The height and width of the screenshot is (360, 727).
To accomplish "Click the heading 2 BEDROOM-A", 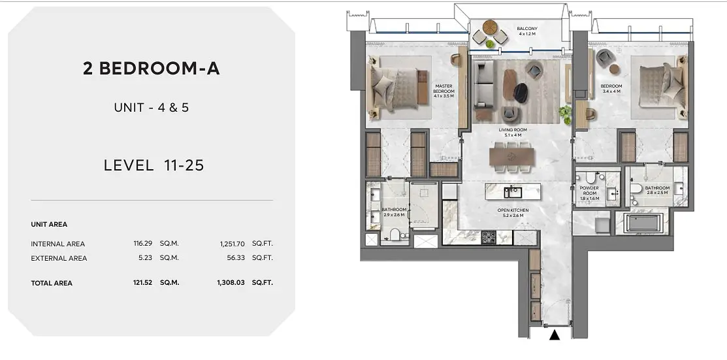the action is (x=151, y=69).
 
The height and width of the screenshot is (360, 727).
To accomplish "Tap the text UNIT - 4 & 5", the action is (x=151, y=108).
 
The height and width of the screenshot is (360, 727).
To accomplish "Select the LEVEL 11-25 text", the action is (x=154, y=165).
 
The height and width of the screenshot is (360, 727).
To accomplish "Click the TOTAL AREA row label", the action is (x=52, y=283).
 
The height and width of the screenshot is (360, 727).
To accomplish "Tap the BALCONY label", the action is (x=527, y=29).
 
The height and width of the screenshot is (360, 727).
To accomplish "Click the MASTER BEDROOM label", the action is (x=444, y=89).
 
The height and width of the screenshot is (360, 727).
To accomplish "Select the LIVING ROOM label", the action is (x=513, y=130).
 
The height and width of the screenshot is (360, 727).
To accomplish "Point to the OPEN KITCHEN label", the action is (x=513, y=210).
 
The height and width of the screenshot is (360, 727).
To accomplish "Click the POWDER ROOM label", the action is (x=589, y=191).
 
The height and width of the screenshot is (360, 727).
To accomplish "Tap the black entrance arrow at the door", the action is (x=554, y=335).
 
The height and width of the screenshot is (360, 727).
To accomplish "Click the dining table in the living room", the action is (x=512, y=156).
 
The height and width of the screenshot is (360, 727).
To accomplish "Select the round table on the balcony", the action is (x=490, y=27).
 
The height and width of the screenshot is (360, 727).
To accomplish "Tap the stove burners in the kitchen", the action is (x=490, y=238).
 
